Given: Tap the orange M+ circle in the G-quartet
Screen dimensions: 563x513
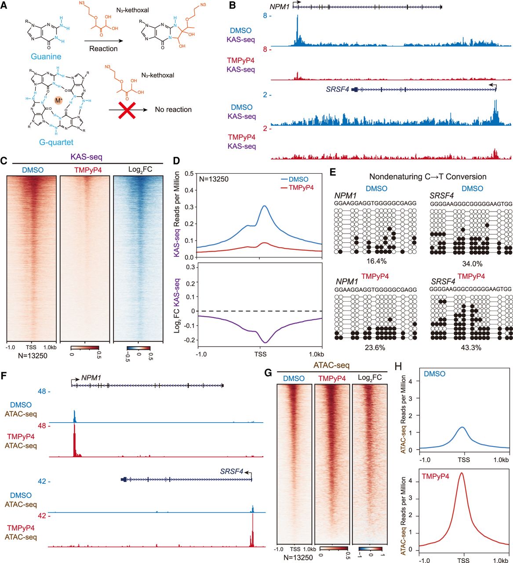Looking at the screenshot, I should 58,101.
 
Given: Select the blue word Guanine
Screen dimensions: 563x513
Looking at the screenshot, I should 46,57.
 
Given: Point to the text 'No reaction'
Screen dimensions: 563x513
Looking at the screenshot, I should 173,110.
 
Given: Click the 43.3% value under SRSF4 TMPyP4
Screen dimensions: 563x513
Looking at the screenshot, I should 460,347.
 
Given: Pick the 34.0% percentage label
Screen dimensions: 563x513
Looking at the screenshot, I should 460,264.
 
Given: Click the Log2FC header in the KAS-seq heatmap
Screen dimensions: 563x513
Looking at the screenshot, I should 139,170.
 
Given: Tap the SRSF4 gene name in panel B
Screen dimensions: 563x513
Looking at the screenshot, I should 337,89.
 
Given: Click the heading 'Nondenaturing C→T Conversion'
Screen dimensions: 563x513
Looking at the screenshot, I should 428,177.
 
